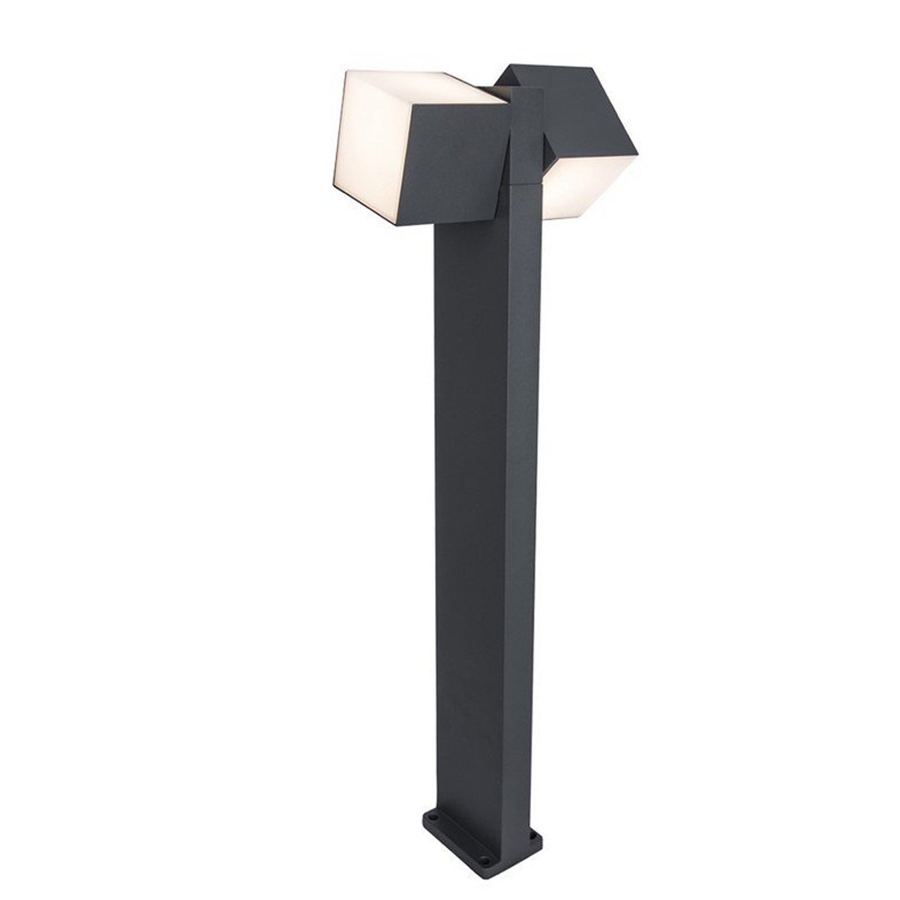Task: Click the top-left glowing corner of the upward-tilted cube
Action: tap(346, 72)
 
